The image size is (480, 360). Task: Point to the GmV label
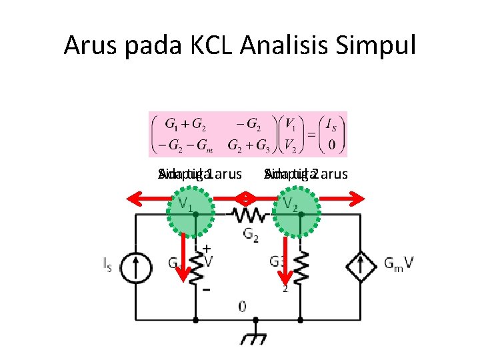click(x=399, y=264)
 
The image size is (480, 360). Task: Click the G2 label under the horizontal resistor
click(x=251, y=234)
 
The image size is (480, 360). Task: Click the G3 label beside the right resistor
click(x=279, y=261)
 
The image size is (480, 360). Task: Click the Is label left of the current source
click(x=108, y=265)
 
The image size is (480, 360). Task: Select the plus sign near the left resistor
click(x=207, y=247)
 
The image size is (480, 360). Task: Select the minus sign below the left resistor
click(x=207, y=291)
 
